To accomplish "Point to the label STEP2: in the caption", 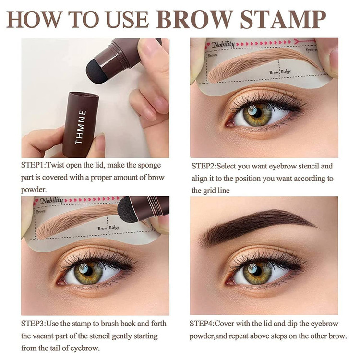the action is pyautogui.click(x=204, y=166).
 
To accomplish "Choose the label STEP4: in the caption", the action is pyautogui.click(x=202, y=324).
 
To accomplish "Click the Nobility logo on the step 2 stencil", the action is pyautogui.click(x=222, y=44).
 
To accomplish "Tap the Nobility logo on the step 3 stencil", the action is pyautogui.click(x=51, y=201).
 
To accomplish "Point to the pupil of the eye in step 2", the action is pyautogui.click(x=257, y=112).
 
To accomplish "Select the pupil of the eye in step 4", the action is pyautogui.click(x=257, y=271).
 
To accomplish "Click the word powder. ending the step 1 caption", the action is pyautogui.click(x=34, y=190).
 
